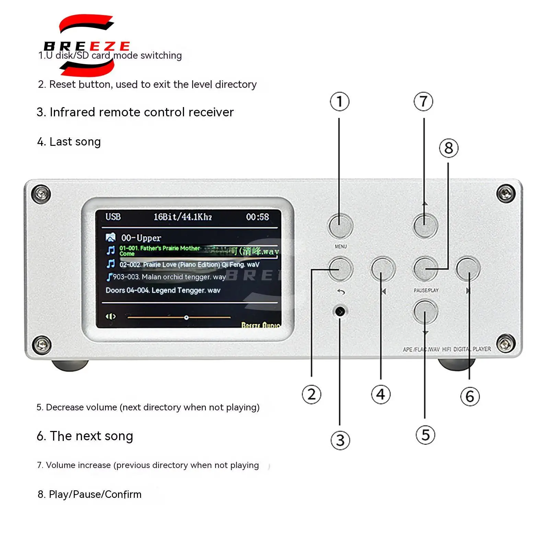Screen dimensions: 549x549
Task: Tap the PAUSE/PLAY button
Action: (425, 269)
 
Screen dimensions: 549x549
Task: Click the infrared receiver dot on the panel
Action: (340, 312)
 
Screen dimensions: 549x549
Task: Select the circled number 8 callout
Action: (448, 148)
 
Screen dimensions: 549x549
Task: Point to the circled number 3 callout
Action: (340, 440)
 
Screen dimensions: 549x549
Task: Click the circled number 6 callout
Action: (470, 397)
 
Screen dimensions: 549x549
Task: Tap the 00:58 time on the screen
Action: (257, 217)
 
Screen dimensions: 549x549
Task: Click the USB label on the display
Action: (113, 217)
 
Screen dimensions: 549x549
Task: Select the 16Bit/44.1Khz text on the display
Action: (182, 217)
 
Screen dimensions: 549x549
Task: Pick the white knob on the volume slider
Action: (186, 318)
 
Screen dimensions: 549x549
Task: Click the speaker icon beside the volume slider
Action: (110, 316)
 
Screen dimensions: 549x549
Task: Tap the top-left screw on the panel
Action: (41, 194)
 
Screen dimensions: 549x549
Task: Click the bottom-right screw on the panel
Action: (505, 342)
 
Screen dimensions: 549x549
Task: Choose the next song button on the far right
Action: (468, 269)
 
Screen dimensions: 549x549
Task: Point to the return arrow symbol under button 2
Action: (341, 292)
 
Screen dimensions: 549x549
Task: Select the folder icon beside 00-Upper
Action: (110, 237)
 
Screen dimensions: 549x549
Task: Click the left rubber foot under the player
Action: (70, 365)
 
